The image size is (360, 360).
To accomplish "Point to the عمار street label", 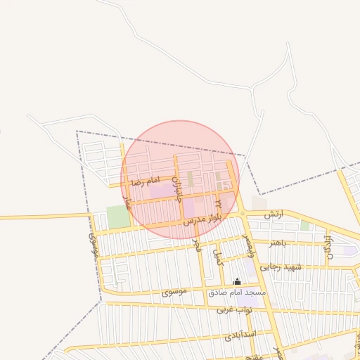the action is click(127, 205).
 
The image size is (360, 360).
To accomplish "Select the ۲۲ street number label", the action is click(218, 204).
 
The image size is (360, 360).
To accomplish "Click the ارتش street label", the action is click(274, 214).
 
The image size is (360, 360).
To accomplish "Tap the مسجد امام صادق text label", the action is click(237, 292).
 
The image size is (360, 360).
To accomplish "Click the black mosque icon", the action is click(237, 282).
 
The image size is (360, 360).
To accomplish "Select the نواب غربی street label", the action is click(233, 309).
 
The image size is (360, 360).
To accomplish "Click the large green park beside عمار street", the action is click(118, 217).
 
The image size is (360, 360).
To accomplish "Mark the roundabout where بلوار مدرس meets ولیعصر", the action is click(242, 213).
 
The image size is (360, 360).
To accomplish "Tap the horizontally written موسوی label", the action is click(174, 291).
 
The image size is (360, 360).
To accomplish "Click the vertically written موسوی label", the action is click(93, 243).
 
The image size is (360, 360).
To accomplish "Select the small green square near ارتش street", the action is click(304, 226).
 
